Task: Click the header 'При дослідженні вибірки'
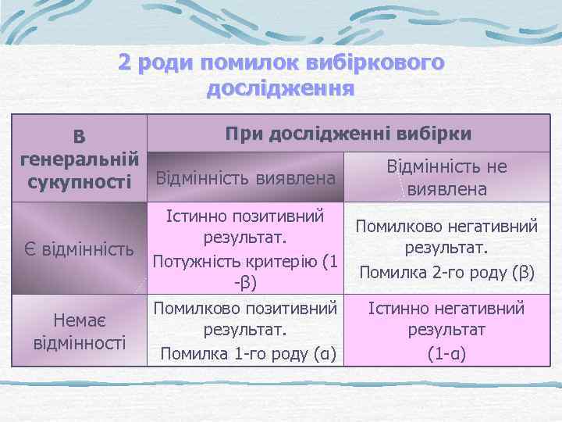pyautogui.click(x=348, y=133)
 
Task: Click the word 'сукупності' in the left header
pyautogui.click(x=80, y=182)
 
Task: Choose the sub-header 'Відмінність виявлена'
pyautogui.click(x=247, y=178)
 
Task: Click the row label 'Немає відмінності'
pyautogui.click(x=80, y=331)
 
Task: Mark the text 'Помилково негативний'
pyautogui.click(x=446, y=227)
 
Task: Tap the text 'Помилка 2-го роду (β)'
pyautogui.click(x=446, y=273)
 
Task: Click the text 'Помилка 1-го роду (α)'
pyautogui.click(x=247, y=356)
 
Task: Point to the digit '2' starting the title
pyautogui.click(x=125, y=63)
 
